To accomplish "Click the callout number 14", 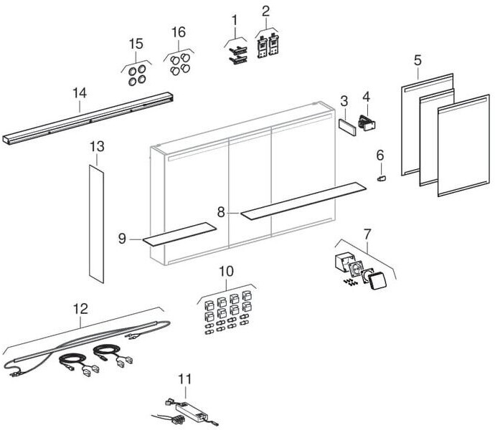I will point(79,92).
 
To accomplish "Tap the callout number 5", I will point(418,59).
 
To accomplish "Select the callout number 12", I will point(80,309).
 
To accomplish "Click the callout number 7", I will point(367,233).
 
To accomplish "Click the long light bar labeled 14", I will point(86,118).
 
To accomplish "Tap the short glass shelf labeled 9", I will point(179,234).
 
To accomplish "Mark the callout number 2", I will point(265,11).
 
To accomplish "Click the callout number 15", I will point(136,44).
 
